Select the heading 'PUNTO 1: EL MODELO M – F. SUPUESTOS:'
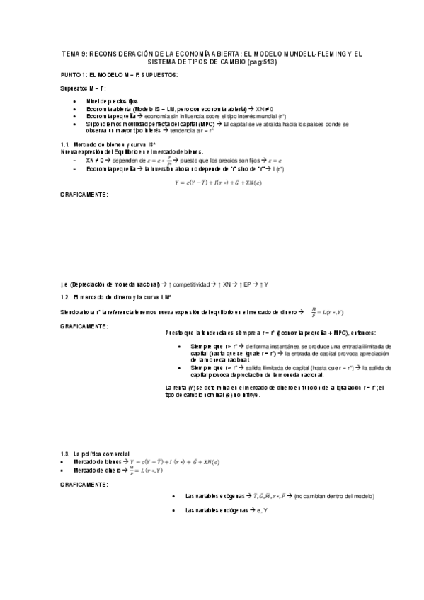(118, 74)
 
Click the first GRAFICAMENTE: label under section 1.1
(84, 195)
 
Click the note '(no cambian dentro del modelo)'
(326, 496)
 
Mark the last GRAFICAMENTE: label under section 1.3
(84, 484)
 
